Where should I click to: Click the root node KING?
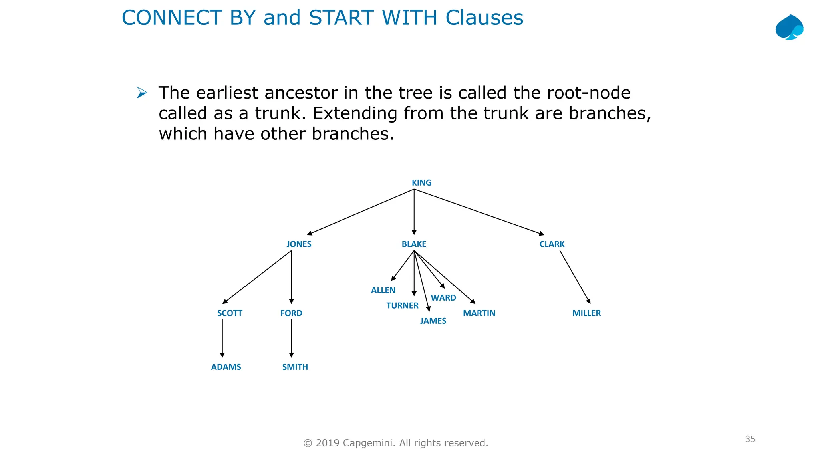[x=421, y=183]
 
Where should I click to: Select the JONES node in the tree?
[x=299, y=244]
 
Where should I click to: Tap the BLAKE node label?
[x=414, y=244]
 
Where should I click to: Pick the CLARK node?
[x=552, y=244]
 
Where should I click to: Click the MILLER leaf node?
[x=586, y=313]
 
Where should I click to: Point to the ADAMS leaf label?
[x=226, y=367]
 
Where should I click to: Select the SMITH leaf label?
[x=295, y=367]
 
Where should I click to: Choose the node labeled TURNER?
[x=402, y=306]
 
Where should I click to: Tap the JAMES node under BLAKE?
[x=433, y=321]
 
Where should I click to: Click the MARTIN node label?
[x=479, y=313]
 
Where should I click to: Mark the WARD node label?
[x=443, y=298]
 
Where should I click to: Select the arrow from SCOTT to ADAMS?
[x=222, y=338]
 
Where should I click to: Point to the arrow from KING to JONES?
[x=360, y=212]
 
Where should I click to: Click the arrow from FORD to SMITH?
[x=291, y=338]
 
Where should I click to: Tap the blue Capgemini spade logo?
[x=789, y=27]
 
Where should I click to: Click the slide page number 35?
[x=750, y=439]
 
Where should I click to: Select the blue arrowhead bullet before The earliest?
[x=142, y=93]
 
